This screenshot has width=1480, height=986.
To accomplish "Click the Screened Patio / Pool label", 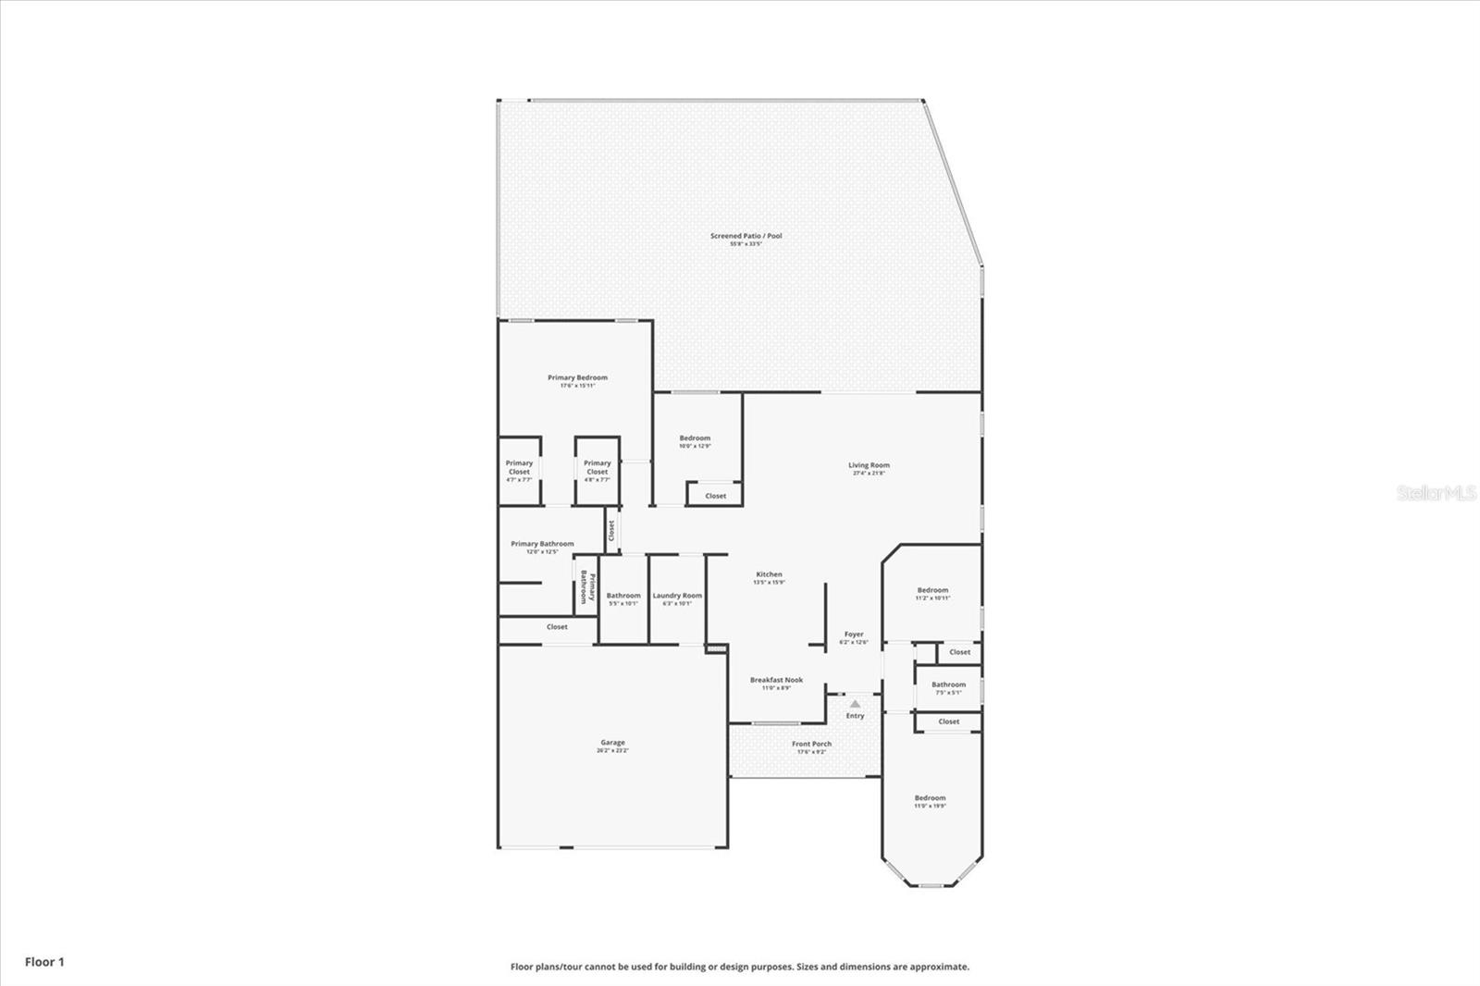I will pyautogui.click(x=746, y=236).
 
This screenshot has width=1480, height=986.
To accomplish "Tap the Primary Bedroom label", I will pyautogui.click(x=577, y=377).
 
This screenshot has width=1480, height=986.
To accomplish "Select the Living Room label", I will pyautogui.click(x=869, y=465).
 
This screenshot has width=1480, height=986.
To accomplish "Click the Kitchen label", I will pyautogui.click(x=769, y=574).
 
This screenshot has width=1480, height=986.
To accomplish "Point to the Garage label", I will pyautogui.click(x=612, y=743).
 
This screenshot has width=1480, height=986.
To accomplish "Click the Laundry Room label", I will pyautogui.click(x=677, y=596).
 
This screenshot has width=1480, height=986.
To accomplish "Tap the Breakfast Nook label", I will pyautogui.click(x=776, y=680).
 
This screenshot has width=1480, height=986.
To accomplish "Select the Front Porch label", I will pyautogui.click(x=811, y=744).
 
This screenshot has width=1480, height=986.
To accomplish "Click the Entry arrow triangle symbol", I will pyautogui.click(x=855, y=704).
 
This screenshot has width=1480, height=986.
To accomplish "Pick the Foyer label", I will pyautogui.click(x=853, y=635).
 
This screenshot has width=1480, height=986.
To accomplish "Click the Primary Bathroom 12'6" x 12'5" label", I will pyautogui.click(x=542, y=544).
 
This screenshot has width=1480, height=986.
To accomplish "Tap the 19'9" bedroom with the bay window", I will pyautogui.click(x=930, y=798).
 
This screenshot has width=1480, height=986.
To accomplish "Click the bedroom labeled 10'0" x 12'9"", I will pyautogui.click(x=695, y=438).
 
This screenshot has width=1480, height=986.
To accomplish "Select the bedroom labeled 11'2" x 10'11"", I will pyautogui.click(x=932, y=590).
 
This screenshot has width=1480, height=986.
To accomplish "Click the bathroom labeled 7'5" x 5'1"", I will pyautogui.click(x=948, y=685).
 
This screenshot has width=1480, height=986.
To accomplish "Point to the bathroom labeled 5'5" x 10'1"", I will pyautogui.click(x=623, y=596).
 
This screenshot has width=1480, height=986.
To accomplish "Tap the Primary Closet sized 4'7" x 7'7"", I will pyautogui.click(x=519, y=467).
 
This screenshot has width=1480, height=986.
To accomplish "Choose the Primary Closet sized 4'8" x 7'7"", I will pyautogui.click(x=597, y=467).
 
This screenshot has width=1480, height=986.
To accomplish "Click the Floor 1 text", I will pyautogui.click(x=44, y=962).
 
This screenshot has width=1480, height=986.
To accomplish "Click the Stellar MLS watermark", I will pyautogui.click(x=1436, y=494).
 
